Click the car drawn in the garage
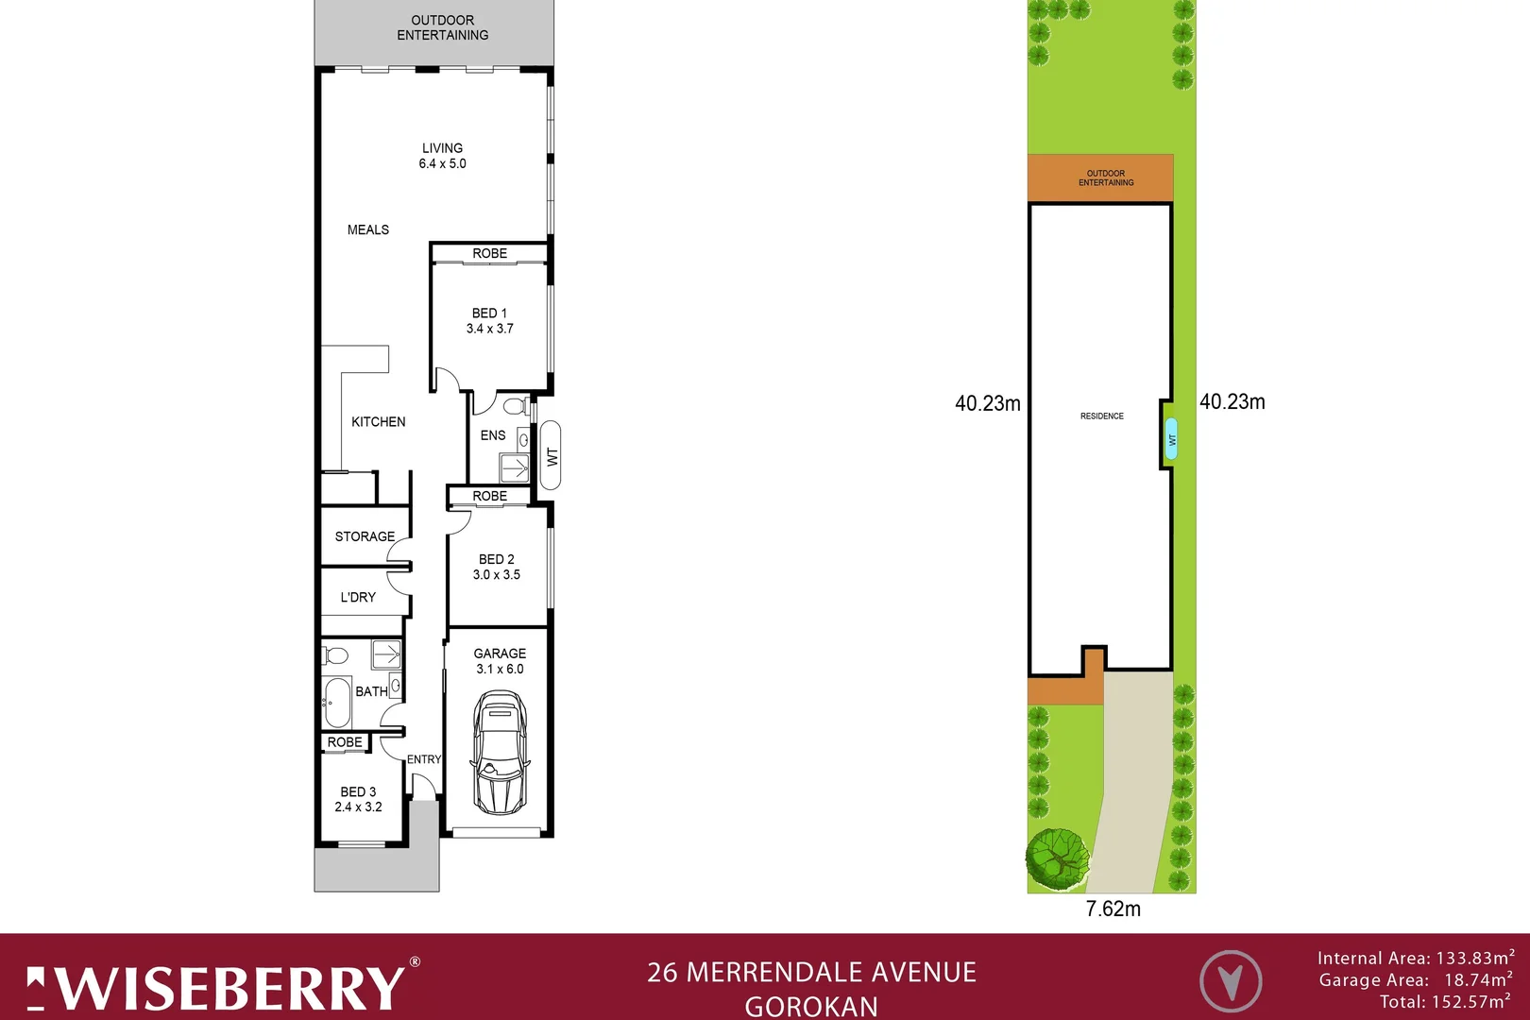coord(500,753)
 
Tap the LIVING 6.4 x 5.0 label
coord(442,156)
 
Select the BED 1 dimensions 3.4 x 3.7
coord(489,329)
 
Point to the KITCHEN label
coord(378,422)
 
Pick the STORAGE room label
coord(365,536)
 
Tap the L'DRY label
coord(358,597)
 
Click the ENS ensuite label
coord(492,435)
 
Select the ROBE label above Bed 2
coord(489,496)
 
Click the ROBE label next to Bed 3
coord(345,742)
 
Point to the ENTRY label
coord(424,759)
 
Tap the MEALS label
coord(367,229)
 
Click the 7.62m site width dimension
coord(1113,909)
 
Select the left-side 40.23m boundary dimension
coord(987,403)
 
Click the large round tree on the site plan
coord(1057,858)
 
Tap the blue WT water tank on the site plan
coord(1172,439)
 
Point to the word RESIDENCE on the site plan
coord(1101,416)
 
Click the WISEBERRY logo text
coord(227,989)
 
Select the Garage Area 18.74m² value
coord(1477,980)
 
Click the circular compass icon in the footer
coord(1230,982)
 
